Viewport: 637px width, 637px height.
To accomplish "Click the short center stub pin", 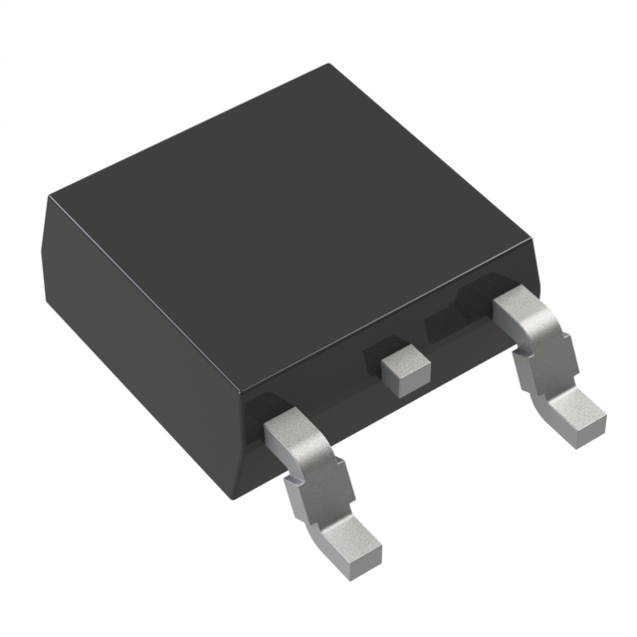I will (402, 365).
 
